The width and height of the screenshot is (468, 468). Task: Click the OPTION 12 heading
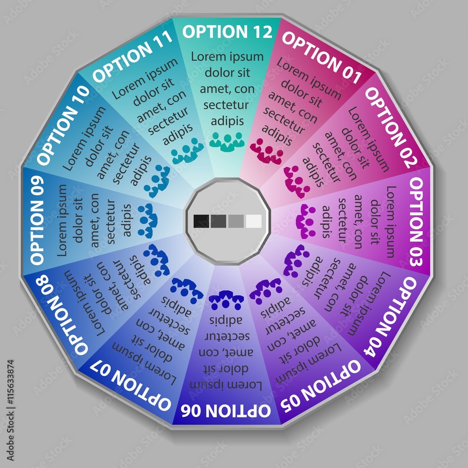point(227,32)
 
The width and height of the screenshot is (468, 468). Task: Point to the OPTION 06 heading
point(226,410)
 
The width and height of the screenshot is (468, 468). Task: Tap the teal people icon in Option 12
point(227,141)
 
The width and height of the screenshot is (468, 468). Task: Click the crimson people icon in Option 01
point(266,152)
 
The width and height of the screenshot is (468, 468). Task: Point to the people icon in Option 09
point(148,220)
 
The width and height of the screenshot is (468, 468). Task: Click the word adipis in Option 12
point(227,121)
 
